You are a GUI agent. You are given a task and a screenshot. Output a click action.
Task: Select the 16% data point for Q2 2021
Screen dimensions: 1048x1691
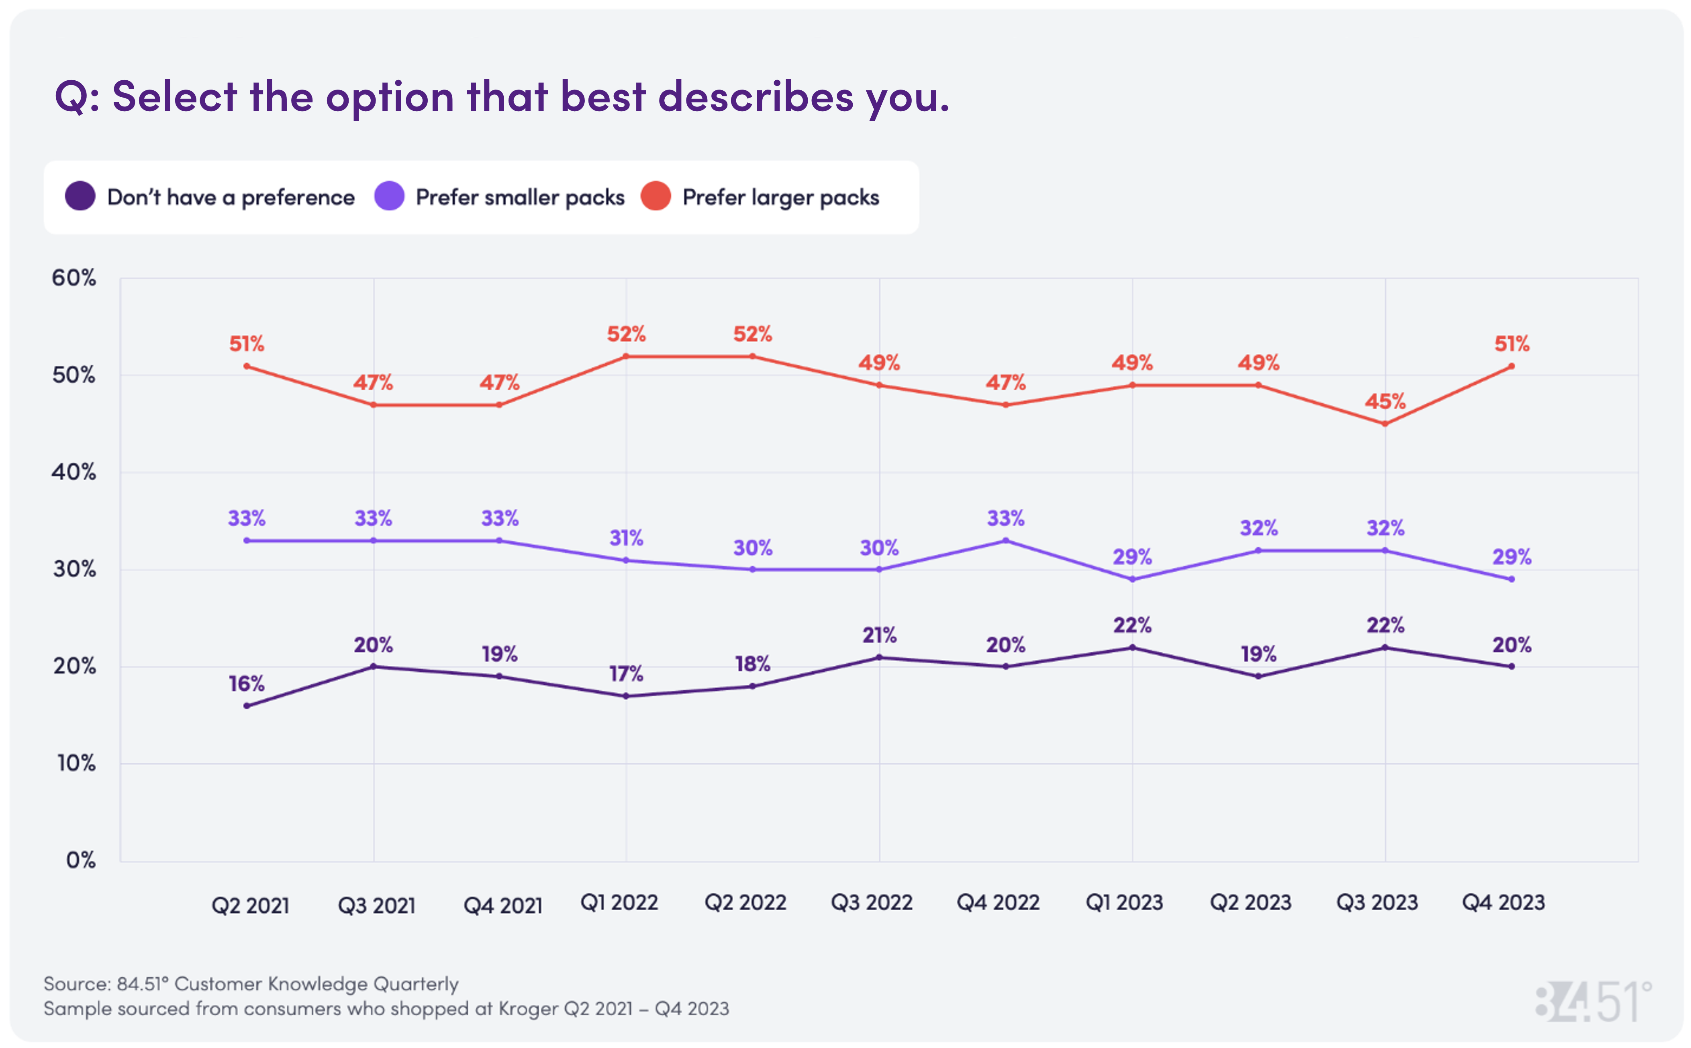(247, 705)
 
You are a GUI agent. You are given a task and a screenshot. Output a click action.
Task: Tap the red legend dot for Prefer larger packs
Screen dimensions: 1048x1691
(655, 196)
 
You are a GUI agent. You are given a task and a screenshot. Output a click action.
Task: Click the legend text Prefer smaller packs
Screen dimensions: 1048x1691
(520, 198)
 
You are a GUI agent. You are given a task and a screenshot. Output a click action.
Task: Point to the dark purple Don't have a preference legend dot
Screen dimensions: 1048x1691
(80, 196)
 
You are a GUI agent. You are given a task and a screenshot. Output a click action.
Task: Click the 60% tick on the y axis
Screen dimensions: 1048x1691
(74, 278)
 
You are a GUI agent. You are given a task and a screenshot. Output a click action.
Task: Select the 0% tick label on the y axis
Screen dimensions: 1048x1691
(80, 860)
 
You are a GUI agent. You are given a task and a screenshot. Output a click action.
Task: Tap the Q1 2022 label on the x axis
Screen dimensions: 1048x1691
(619, 903)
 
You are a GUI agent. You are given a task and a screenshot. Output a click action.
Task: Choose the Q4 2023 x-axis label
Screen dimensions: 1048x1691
(1503, 903)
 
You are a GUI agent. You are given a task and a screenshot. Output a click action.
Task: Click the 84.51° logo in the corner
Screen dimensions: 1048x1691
(1593, 1001)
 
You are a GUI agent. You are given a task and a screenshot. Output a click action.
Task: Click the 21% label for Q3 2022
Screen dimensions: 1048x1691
(879, 635)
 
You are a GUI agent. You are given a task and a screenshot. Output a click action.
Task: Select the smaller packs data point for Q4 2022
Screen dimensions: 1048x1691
(1005, 540)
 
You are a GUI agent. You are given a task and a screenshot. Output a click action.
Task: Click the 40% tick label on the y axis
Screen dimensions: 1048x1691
(74, 472)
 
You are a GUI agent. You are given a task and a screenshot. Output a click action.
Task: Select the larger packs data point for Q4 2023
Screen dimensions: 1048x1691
(1511, 366)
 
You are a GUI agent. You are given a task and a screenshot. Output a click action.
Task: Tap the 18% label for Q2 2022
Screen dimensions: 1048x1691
(752, 664)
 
